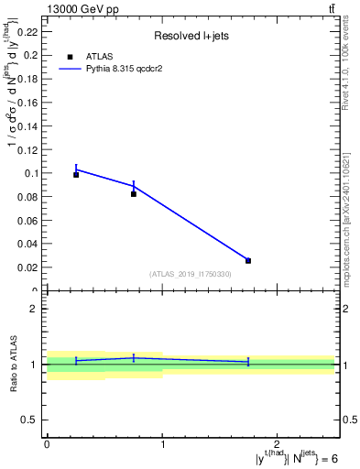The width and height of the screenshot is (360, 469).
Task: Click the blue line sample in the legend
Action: (x=72, y=69)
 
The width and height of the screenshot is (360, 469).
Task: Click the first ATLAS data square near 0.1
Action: (x=76, y=174)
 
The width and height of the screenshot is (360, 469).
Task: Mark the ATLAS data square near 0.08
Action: (x=134, y=193)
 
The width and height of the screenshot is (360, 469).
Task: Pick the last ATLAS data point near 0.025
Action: (x=248, y=261)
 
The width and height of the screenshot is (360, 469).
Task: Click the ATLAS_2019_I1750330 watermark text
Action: (x=191, y=274)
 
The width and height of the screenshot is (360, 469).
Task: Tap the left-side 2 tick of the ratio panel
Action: (x=34, y=309)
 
